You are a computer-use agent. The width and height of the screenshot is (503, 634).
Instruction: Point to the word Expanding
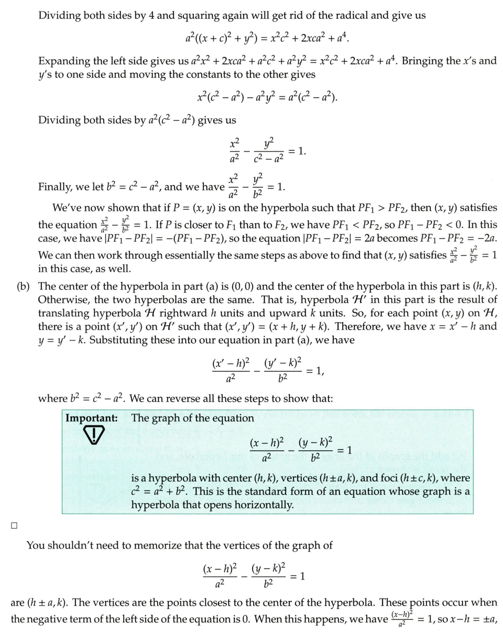pyautogui.click(x=64, y=61)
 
